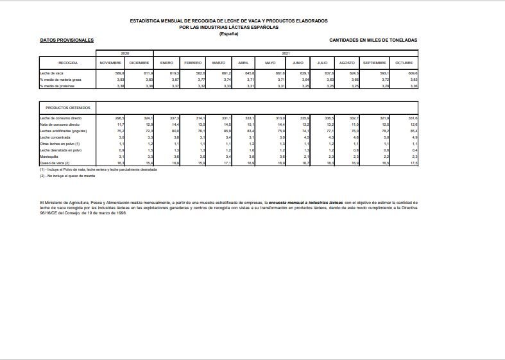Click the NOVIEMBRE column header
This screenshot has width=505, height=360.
pos(111,63)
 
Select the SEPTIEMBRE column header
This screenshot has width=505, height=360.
pos(374,63)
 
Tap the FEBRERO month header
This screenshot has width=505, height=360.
pos(193,63)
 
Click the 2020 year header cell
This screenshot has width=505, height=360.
pos(125,52)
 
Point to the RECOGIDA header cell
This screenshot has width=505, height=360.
pos(68,63)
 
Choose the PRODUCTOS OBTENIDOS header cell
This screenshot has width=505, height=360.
pos(68,107)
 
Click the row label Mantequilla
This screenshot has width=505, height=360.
pos(50,157)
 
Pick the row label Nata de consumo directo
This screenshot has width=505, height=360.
pos(59,124)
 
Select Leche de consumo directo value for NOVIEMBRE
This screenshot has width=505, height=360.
pos(119,118)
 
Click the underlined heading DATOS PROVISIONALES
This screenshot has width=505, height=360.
pos(67,40)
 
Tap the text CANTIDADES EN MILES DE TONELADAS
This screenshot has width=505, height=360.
pos(373,40)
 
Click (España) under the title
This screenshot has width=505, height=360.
pos(228,33)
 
